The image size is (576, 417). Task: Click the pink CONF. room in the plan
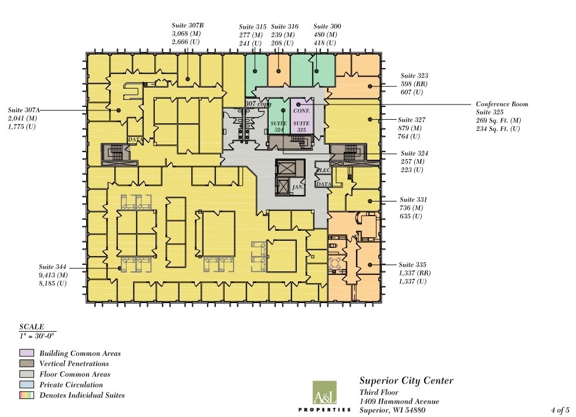click(x=302, y=109)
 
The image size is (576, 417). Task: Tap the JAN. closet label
click(x=297, y=187)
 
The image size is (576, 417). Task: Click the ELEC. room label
click(x=324, y=171)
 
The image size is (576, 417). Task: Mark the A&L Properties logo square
click(x=324, y=392)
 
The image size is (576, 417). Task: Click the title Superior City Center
click(x=406, y=381)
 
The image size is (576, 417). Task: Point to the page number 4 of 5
click(x=560, y=410)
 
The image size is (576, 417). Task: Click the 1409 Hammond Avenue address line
click(x=399, y=402)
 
